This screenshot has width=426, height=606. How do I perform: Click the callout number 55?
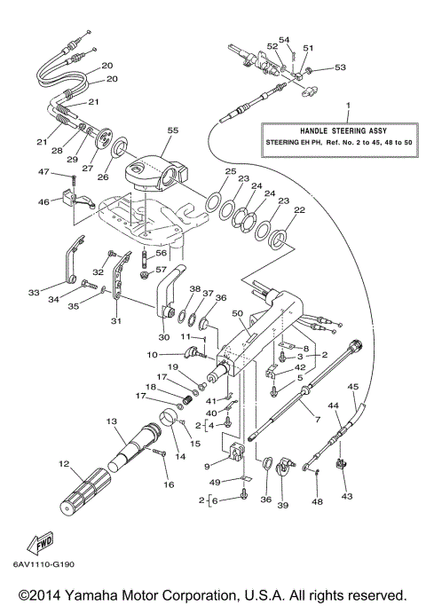pos(172,130)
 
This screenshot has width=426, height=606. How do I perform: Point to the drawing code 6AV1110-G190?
pos(44,563)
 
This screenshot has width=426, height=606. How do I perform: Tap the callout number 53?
pos(341,67)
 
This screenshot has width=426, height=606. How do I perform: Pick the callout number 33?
pos(35,292)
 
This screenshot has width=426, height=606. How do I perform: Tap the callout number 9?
pos(207,465)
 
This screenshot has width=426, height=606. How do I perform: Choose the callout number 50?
pos(236,314)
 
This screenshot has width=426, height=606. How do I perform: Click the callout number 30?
pos(164,336)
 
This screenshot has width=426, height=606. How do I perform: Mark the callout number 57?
pos(161,270)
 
